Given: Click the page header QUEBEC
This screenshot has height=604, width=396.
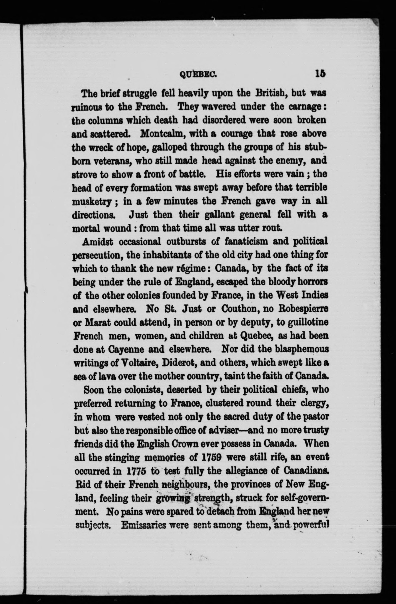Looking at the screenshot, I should [x=198, y=74].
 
